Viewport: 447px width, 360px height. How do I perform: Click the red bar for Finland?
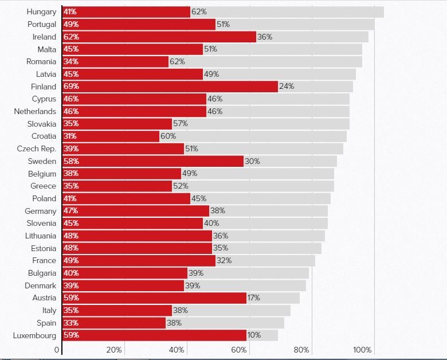170,87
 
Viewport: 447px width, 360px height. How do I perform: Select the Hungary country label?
42,12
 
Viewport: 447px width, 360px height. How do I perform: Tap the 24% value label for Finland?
287,87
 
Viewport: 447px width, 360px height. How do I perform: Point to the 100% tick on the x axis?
362,350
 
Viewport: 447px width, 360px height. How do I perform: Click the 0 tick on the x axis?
57,350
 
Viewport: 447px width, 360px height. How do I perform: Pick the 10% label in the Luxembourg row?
254,335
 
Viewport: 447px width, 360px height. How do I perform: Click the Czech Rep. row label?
37,149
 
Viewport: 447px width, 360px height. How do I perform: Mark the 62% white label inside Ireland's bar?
72,37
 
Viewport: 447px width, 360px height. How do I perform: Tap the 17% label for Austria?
254,298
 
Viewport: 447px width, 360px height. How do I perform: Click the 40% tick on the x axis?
177,350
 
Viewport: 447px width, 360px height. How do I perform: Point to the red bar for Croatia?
111,136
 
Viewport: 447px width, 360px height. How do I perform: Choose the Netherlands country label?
35,111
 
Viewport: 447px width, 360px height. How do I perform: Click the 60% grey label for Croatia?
168,136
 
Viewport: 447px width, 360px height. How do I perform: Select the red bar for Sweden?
153,161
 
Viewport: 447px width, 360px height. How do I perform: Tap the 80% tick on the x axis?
301,350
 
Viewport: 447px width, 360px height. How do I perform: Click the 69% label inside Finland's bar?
72,87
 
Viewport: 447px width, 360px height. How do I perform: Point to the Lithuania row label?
41,236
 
